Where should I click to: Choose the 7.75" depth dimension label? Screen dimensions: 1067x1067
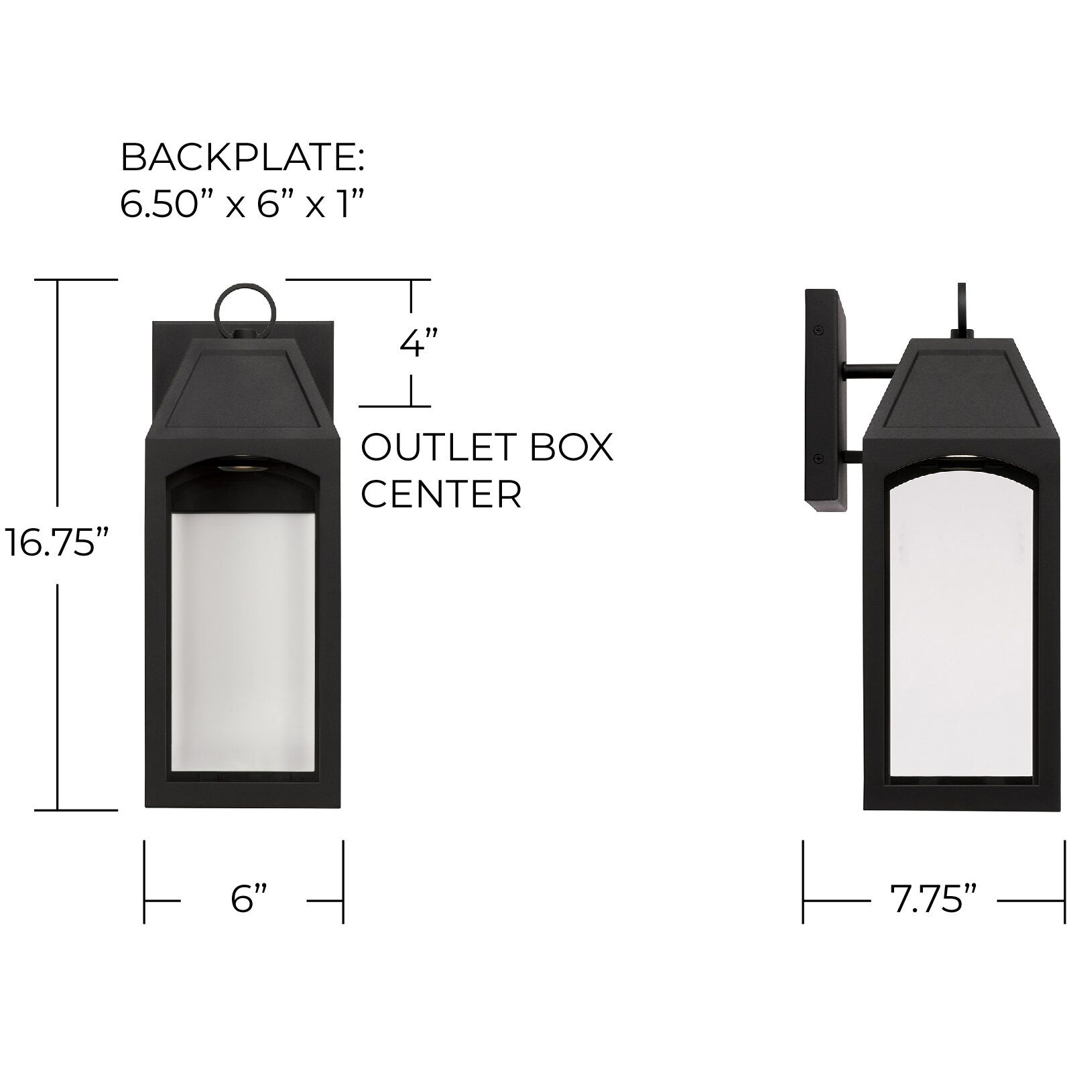[933, 899]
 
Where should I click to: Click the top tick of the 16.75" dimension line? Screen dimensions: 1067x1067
[59, 279]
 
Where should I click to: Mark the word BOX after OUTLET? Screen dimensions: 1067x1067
[571, 447]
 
